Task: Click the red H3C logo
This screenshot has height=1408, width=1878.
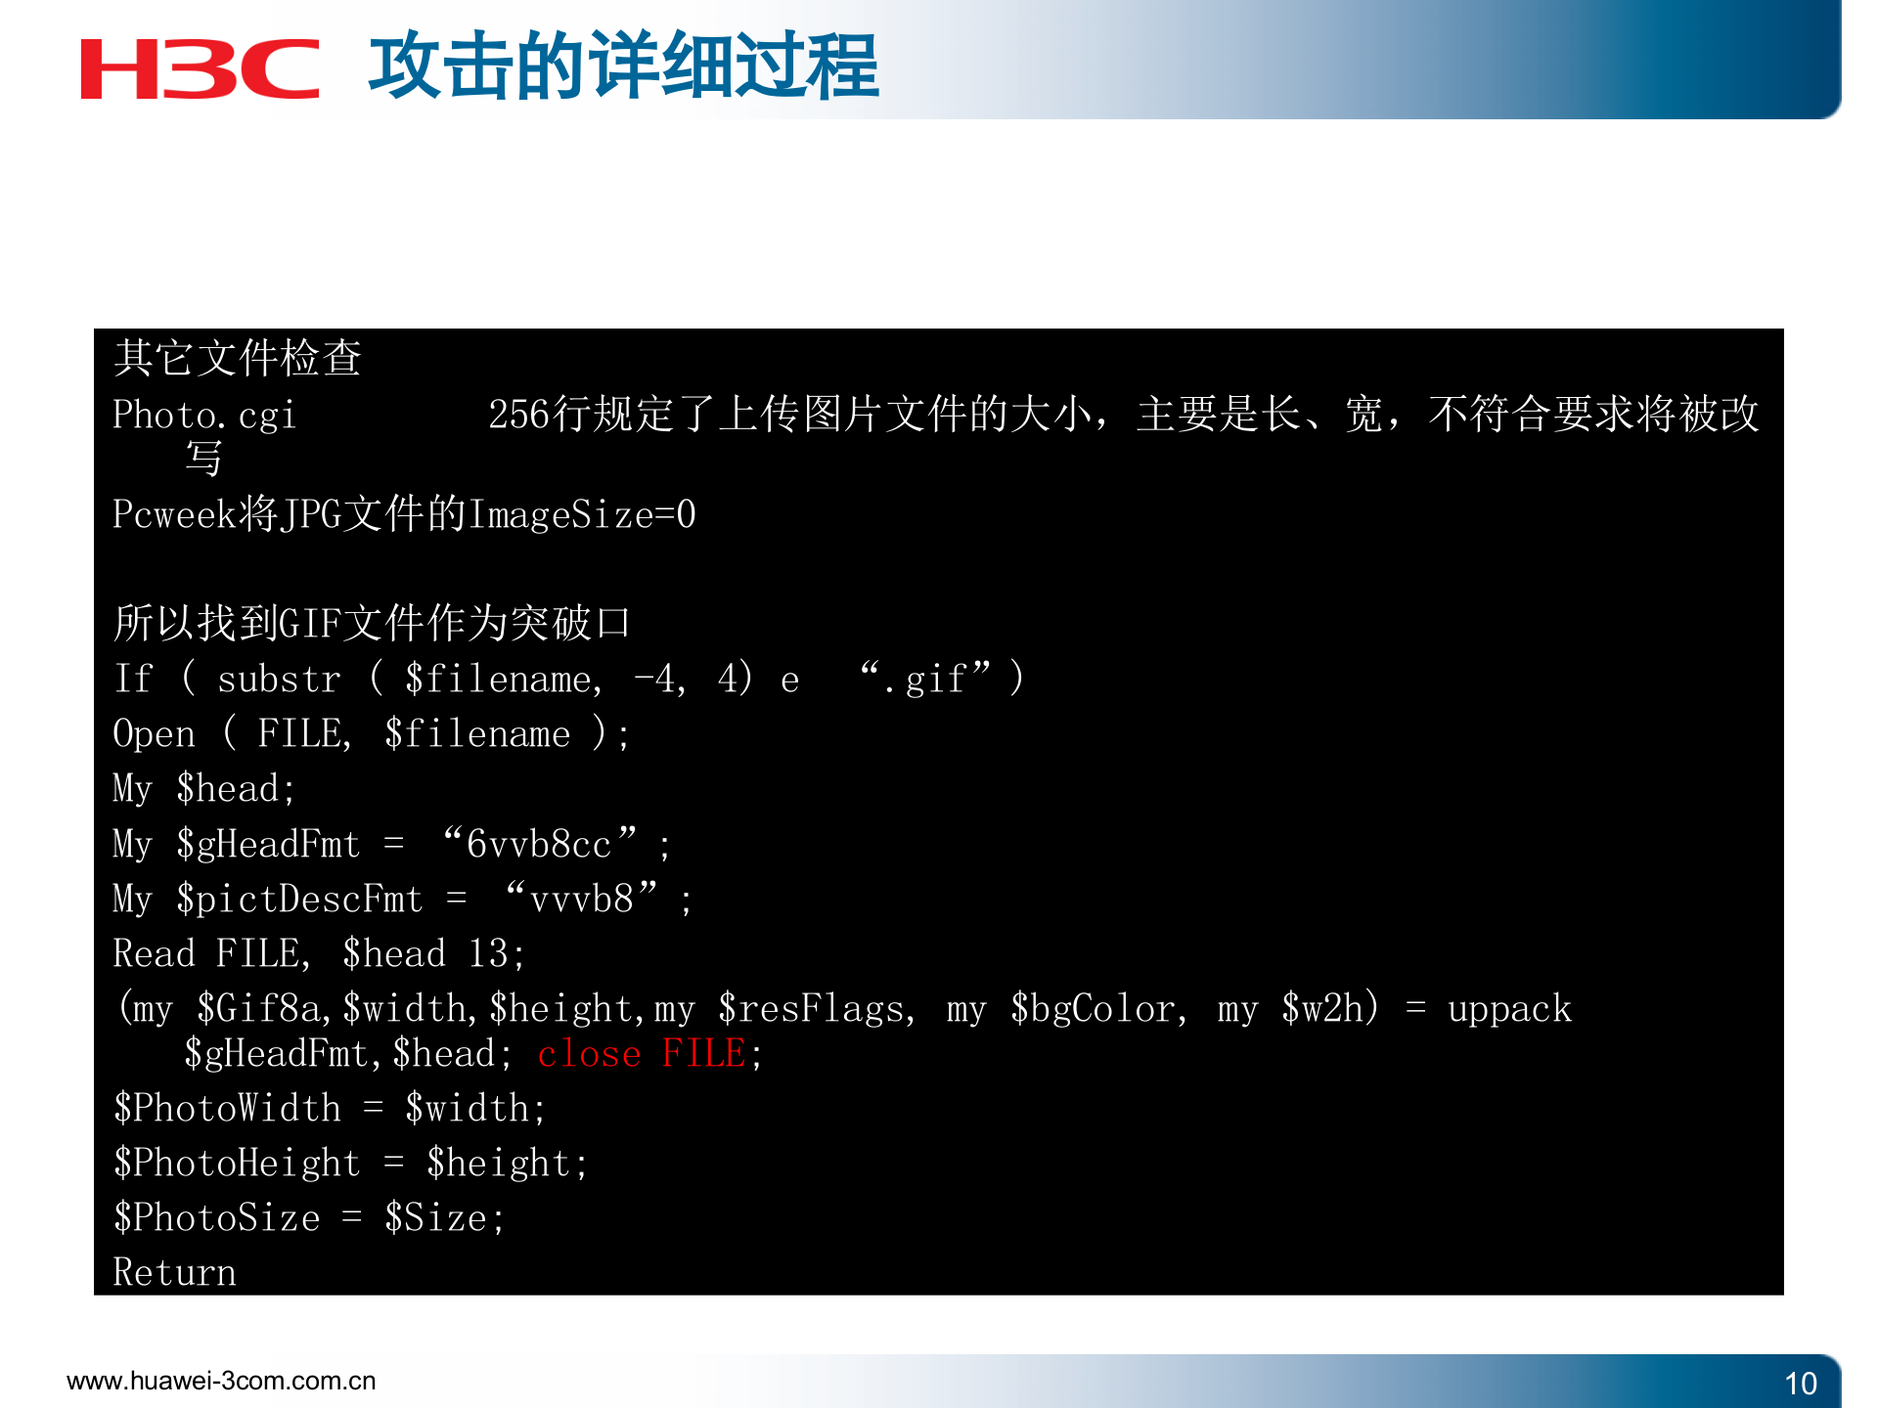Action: (200, 68)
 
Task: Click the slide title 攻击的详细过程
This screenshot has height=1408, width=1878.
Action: (623, 66)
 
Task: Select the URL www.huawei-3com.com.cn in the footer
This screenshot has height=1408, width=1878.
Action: (221, 1381)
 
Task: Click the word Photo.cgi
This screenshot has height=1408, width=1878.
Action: (203, 415)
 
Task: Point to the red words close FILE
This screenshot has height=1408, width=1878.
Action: (642, 1054)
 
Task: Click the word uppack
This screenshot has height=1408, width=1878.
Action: (1509, 1009)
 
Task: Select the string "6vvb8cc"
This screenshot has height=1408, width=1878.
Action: (539, 844)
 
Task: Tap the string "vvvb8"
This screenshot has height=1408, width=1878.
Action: (581, 899)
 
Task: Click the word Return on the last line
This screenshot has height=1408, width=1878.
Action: (174, 1272)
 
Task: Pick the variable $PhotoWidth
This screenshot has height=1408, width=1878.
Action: (227, 1108)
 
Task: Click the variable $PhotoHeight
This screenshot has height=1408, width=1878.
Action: (237, 1163)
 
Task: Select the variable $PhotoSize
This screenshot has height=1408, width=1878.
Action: (216, 1217)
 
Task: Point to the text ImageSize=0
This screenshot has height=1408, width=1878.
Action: (582, 514)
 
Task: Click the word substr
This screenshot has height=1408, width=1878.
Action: (279, 679)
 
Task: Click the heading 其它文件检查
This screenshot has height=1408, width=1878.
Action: (238, 358)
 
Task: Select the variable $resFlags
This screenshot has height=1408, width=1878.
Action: (812, 1009)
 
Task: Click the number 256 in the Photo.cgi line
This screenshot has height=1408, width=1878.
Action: (519, 415)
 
